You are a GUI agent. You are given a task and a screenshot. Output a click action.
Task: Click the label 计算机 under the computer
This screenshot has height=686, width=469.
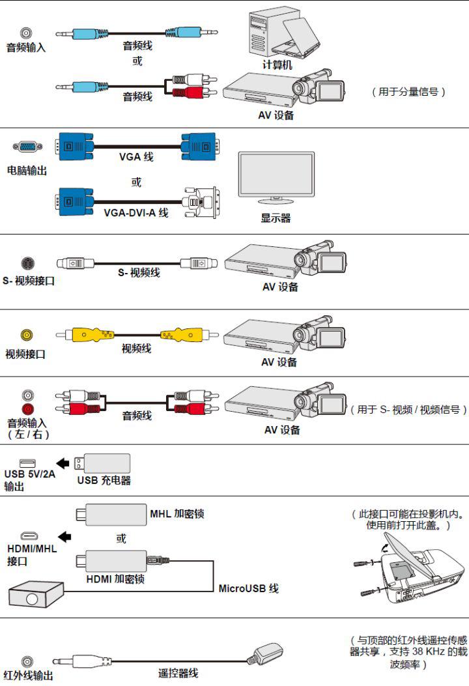tap(277, 64)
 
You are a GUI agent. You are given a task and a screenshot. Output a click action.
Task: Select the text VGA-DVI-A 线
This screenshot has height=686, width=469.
tap(135, 212)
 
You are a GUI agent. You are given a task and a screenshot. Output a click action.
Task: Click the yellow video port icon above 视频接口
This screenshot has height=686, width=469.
tap(26, 335)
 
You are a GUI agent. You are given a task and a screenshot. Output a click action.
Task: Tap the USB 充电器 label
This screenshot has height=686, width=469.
tap(104, 481)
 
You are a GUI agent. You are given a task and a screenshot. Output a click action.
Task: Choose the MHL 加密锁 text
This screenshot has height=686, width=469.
tap(177, 513)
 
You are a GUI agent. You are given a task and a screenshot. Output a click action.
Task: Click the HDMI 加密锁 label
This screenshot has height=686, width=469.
tap(116, 579)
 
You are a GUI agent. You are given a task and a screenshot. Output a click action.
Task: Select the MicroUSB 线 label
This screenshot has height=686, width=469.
tap(248, 588)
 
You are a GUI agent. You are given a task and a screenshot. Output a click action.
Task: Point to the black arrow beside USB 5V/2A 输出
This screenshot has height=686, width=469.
tap(63, 463)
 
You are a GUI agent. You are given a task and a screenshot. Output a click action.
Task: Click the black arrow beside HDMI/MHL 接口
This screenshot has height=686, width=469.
tap(64, 536)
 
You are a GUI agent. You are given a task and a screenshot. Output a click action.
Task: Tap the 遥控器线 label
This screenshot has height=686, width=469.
tap(178, 673)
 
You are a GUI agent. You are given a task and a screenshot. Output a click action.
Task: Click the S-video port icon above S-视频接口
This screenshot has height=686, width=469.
tap(27, 263)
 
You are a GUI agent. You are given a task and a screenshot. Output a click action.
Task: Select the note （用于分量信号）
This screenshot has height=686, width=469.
tap(408, 93)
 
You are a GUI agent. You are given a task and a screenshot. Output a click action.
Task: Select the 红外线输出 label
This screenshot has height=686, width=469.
tap(28, 676)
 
